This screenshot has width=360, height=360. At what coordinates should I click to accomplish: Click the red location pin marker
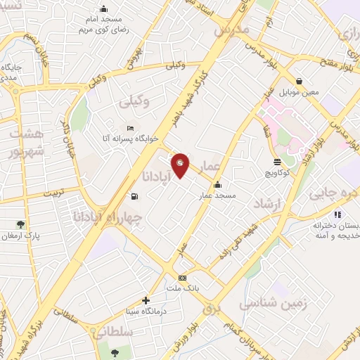[180, 165]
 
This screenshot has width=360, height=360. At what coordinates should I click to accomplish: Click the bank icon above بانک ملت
[182, 277]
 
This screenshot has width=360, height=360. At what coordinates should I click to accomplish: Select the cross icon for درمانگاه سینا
[146, 300]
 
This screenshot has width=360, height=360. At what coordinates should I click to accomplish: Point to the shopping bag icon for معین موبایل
[300, 81]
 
